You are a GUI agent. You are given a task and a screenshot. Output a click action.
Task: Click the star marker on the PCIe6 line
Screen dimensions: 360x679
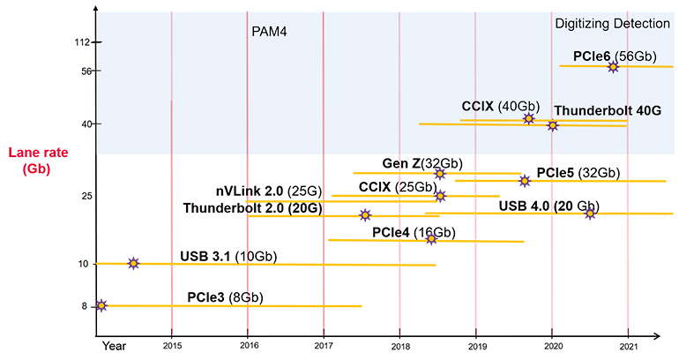click(x=613, y=67)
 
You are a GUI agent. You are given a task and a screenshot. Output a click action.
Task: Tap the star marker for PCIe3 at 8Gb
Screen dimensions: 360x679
click(x=101, y=305)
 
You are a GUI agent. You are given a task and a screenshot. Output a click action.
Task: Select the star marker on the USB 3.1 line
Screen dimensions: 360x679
click(x=133, y=263)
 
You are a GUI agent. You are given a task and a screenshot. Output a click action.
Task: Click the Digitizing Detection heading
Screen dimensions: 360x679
click(x=612, y=25)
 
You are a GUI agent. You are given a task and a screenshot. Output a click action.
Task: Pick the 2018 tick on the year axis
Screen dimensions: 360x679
click(x=399, y=347)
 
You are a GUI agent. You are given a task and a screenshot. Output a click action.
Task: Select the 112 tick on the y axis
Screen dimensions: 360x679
click(x=84, y=42)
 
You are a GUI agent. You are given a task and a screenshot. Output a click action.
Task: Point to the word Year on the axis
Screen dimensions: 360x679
click(x=114, y=347)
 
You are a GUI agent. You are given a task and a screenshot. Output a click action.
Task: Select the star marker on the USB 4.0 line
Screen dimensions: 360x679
click(x=590, y=214)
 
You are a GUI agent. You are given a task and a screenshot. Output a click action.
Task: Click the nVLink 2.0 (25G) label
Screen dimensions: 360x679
click(x=268, y=191)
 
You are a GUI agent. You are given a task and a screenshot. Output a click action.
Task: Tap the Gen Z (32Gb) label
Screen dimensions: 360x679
click(x=422, y=163)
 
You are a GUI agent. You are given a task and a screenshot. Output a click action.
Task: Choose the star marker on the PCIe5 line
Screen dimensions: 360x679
click(x=525, y=181)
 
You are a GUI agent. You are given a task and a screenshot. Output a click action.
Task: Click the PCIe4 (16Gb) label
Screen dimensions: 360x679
click(x=414, y=233)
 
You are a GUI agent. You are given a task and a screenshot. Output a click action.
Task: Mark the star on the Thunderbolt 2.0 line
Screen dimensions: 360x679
click(x=365, y=215)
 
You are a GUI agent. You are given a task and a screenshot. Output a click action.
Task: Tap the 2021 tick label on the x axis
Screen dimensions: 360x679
click(x=628, y=347)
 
